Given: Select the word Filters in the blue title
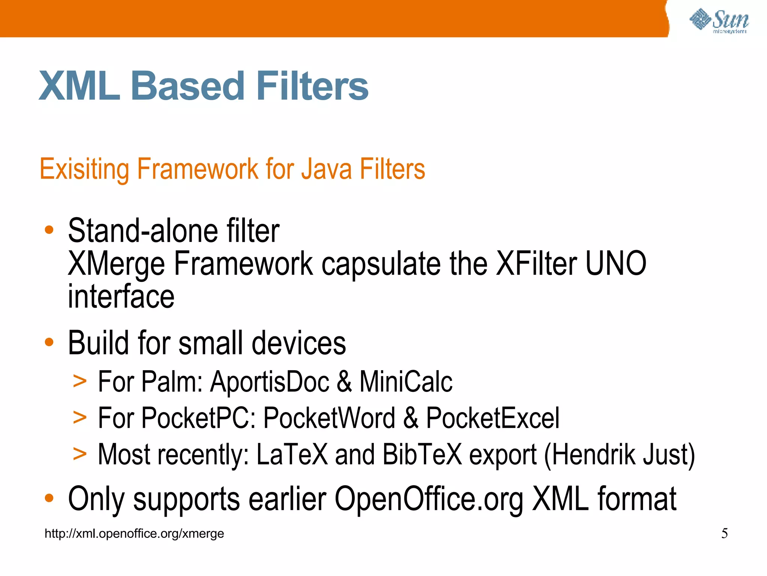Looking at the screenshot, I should point(312,87).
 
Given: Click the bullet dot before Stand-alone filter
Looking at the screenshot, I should point(49,229).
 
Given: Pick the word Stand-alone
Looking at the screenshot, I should point(143,230).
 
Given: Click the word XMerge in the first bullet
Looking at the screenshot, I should point(116,264).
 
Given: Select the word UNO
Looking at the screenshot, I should point(616,264).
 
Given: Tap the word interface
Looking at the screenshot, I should point(121,297).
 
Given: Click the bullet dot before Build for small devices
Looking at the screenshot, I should point(49,342).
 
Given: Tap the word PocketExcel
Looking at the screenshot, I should point(493,418).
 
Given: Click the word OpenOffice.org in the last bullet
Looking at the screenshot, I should point(429,499).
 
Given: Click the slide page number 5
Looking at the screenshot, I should point(725,533).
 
